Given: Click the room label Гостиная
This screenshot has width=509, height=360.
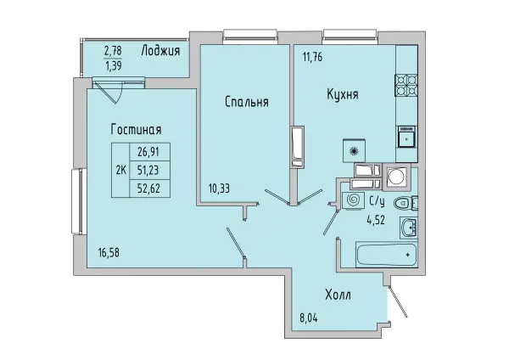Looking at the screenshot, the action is (136, 130).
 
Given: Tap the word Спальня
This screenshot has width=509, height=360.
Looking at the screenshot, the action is (247, 102).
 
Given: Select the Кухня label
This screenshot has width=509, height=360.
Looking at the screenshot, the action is (343, 94).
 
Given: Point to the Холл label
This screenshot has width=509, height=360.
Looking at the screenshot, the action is (338, 295).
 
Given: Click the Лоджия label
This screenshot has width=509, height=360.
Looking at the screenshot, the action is (160, 51).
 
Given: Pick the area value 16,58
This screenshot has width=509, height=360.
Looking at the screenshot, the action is (109, 252).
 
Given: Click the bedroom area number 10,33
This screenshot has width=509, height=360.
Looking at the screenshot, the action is (219, 188).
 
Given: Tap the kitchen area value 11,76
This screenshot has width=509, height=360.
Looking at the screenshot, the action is (312, 58).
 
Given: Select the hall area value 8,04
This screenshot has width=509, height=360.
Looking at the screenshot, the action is (309, 318).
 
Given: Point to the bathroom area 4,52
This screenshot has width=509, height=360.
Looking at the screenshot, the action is (376, 220).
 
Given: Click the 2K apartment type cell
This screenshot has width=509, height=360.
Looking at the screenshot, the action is (120, 170).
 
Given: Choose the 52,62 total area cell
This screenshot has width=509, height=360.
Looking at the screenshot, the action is (149, 188).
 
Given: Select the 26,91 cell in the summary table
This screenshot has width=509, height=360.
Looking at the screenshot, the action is (149, 152).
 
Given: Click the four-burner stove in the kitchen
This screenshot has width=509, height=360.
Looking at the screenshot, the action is (406, 86).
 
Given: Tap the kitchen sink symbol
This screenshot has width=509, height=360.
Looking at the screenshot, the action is (406, 137).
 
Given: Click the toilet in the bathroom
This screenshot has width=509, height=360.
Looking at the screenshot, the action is (406, 204).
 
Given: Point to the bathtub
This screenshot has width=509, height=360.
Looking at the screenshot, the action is (386, 255).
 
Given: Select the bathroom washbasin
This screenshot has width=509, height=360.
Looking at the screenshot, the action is (409, 227).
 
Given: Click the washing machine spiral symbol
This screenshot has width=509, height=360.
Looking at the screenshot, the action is (352, 200).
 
